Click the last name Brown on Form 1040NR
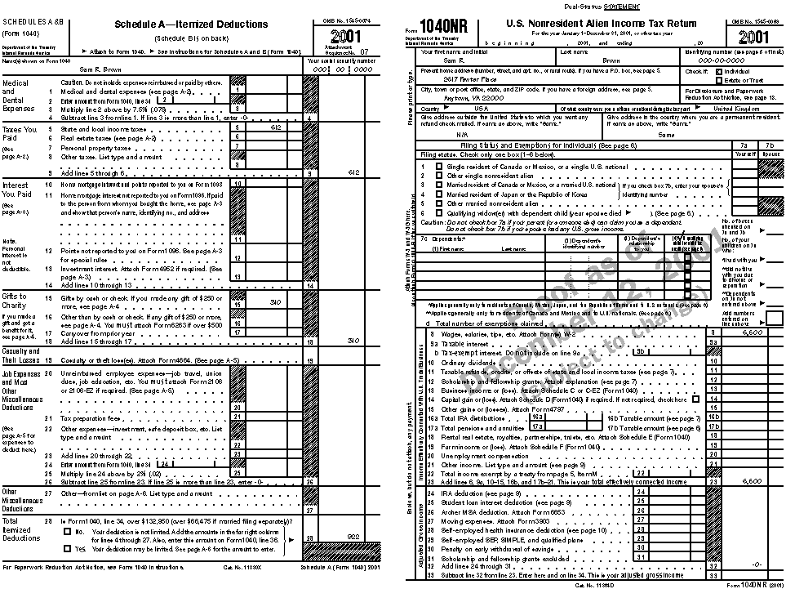coord(611,60)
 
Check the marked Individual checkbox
coord(710,71)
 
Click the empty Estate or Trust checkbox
coord(710,80)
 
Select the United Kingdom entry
coord(734,108)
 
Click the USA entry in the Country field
coord(481,108)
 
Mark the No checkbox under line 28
coord(67,531)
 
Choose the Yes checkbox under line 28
coord(67,549)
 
